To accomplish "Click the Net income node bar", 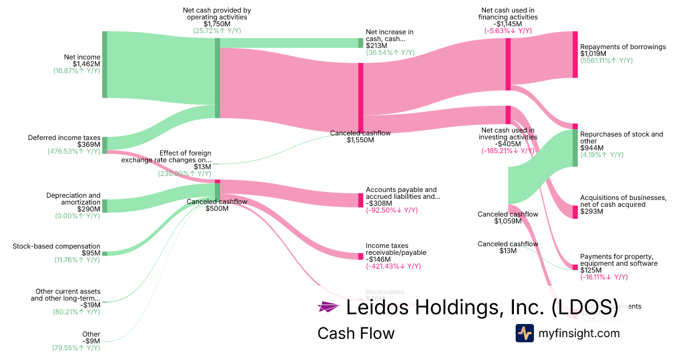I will click(105, 65).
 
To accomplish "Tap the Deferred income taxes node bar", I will click(105, 145).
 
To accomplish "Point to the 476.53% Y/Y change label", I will click(74, 151).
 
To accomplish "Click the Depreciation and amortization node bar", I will click(105, 206).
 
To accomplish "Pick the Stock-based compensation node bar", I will click(105, 253).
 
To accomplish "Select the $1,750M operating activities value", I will click(217, 24).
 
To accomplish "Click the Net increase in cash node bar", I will click(361, 43).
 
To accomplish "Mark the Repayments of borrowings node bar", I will click(575, 54).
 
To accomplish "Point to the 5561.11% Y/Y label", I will click(607, 61).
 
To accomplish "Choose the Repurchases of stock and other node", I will click(575, 148).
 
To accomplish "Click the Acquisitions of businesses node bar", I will click(575, 211).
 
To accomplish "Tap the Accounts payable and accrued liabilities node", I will click(361, 200).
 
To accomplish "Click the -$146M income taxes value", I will click(378, 259).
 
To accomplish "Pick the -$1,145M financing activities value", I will click(508, 24).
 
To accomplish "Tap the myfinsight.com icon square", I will click(524, 333).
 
